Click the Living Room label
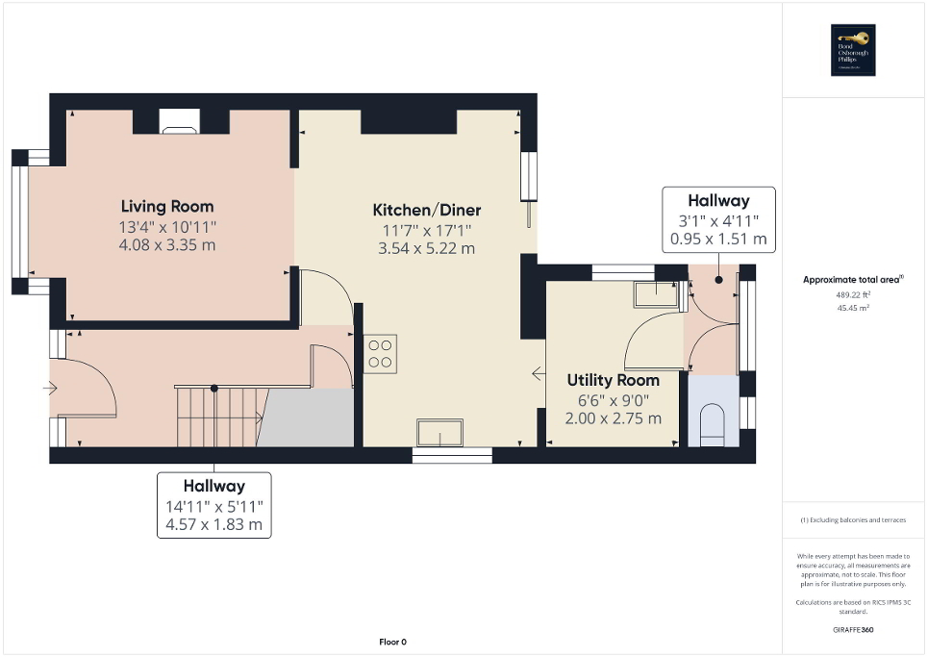click(167, 206)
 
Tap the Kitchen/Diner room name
click(427, 210)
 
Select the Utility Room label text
click(613, 380)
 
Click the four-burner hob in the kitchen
click(381, 353)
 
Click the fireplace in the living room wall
click(180, 121)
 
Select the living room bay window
click(20, 221)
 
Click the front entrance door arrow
click(50, 389)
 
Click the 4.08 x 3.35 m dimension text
click(167, 245)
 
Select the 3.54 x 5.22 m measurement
click(427, 248)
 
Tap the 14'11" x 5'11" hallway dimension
click(214, 506)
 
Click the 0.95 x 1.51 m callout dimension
click(718, 239)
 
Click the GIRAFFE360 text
click(855, 630)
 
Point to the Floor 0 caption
click(391, 642)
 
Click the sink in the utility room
click(656, 292)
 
